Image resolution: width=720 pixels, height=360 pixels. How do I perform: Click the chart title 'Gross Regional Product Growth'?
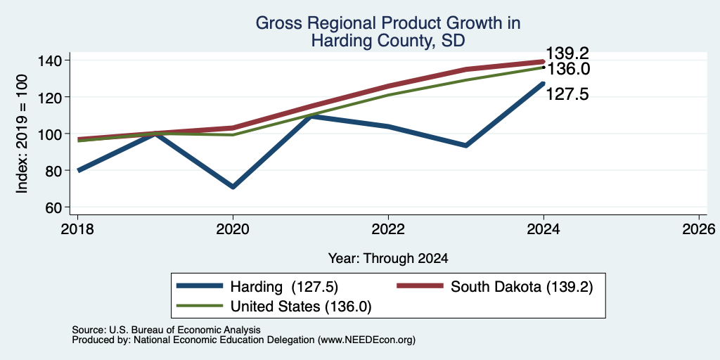[387, 23]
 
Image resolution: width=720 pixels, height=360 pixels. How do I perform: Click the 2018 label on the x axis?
[77, 229]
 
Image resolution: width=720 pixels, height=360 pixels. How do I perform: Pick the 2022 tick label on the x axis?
[388, 229]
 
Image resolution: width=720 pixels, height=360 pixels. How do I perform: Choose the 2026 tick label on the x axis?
[699, 229]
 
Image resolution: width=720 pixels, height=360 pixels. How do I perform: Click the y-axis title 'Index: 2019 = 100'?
[22, 134]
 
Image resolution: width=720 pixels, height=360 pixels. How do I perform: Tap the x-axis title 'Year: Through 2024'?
[388, 259]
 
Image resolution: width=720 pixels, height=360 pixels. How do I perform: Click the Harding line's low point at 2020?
[233, 187]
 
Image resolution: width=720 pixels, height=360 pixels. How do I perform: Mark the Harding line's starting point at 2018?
[79, 170]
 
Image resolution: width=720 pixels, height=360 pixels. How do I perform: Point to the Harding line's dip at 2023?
[466, 146]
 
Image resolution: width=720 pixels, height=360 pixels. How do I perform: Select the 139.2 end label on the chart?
[567, 53]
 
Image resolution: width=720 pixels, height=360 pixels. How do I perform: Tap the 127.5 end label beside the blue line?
[567, 95]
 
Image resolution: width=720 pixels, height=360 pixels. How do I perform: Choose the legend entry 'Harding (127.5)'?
[257, 287]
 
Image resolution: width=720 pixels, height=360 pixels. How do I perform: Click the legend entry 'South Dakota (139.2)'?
[494, 287]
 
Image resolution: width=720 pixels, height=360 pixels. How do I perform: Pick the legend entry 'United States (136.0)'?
[274, 307]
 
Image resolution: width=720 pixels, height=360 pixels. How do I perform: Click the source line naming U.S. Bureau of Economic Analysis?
[166, 330]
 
